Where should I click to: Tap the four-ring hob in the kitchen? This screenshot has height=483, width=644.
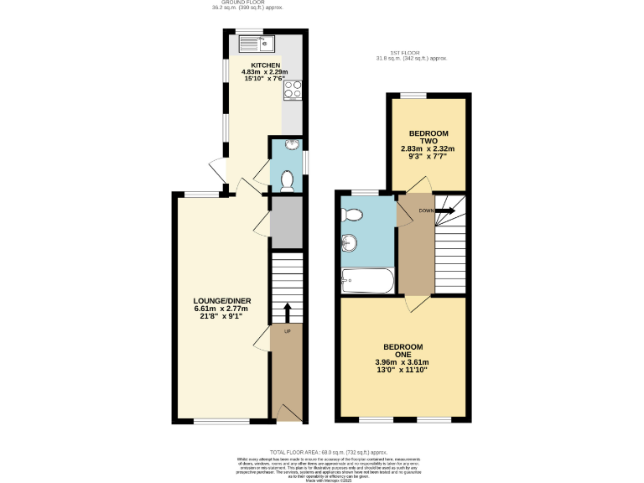click(x=293, y=90)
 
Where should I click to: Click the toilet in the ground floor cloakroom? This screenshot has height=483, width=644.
click(x=287, y=179)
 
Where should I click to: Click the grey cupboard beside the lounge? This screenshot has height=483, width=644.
click(x=286, y=222)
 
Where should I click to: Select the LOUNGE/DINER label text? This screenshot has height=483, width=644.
click(x=223, y=302)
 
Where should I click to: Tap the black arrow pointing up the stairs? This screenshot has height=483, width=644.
click(x=287, y=312)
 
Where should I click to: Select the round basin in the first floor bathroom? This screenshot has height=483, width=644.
click(x=350, y=244)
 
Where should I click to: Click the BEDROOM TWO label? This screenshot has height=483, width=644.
click(x=428, y=138)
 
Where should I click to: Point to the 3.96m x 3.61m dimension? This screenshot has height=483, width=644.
click(x=402, y=362)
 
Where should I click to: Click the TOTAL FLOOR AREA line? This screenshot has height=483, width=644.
click(x=322, y=452)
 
